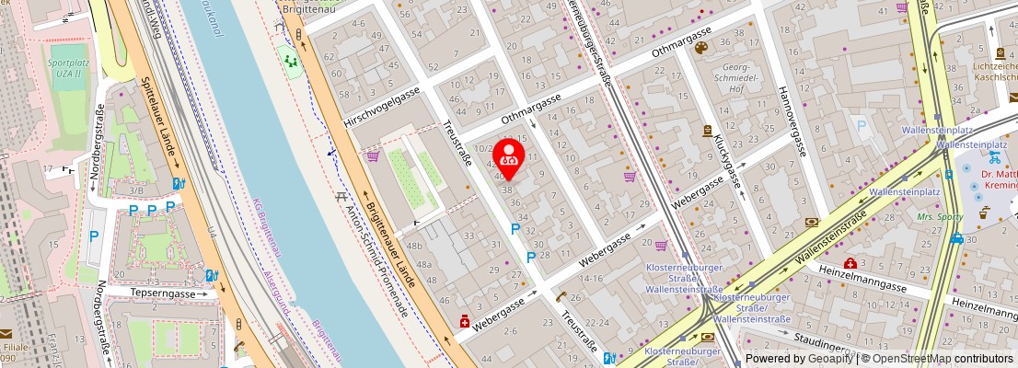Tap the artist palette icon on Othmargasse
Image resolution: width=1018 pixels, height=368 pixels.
coord(701,48)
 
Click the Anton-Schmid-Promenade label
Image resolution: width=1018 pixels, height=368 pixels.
coord(375,260)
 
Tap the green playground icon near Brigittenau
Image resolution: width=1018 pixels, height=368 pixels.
coord(292,62)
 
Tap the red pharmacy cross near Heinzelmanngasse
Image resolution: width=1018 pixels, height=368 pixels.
coord(850,264)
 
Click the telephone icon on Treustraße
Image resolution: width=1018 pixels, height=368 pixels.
coord(561,296)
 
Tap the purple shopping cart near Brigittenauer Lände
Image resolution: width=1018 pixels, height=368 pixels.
coord(373,156)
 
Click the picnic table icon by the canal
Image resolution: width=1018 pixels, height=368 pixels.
coord(341,196)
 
